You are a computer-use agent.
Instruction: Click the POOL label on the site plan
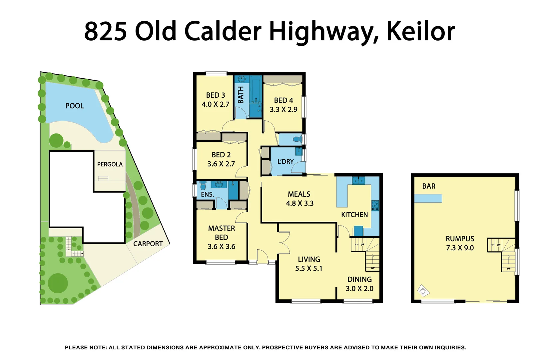pyautogui.click(x=75, y=106)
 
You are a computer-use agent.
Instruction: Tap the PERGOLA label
pyautogui.click(x=110, y=164)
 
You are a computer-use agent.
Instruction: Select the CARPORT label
pyautogui.click(x=148, y=244)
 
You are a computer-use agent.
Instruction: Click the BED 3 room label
pyautogui.click(x=216, y=95)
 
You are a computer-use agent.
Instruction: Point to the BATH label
pyautogui.click(x=241, y=95)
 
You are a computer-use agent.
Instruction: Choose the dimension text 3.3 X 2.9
pyautogui.click(x=283, y=110)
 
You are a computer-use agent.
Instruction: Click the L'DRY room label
pyautogui.click(x=285, y=162)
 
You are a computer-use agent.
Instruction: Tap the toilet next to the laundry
pyautogui.click(x=297, y=139)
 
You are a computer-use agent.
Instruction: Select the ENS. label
pyautogui.click(x=207, y=195)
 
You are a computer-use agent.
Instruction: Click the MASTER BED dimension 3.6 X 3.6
pyautogui.click(x=222, y=247)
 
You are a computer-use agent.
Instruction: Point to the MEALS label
pyautogui.click(x=299, y=194)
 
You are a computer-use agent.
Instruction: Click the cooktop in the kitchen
pyautogui.click(x=375, y=206)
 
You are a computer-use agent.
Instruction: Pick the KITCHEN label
pyautogui.click(x=354, y=215)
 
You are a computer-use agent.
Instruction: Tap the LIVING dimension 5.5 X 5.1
pyautogui.click(x=309, y=269)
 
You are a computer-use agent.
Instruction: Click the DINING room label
pyautogui.click(x=359, y=280)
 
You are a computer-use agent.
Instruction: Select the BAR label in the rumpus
pyautogui.click(x=429, y=186)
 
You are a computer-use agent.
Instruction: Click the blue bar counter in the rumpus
pyautogui.click(x=428, y=199)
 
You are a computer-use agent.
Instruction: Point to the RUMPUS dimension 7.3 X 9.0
pyautogui.click(x=460, y=248)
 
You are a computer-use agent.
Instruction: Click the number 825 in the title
pyautogui.click(x=106, y=31)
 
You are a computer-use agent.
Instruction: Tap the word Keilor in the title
pyautogui.click(x=420, y=31)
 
